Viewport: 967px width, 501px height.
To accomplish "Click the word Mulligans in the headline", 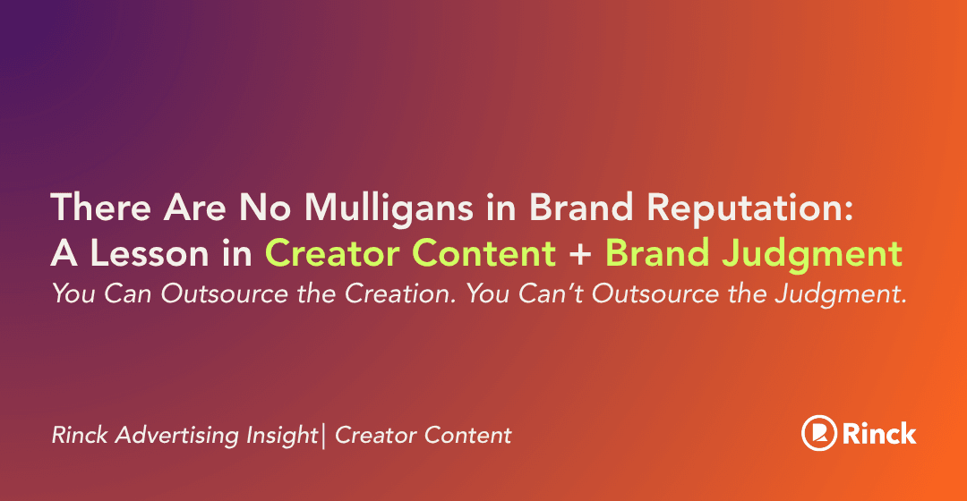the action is [389, 207].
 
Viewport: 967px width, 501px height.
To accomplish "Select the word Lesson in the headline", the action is [150, 253].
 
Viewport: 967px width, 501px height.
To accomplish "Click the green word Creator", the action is [334, 253].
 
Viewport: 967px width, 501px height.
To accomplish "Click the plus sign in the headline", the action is [580, 254].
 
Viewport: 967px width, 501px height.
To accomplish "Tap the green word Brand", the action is [657, 253].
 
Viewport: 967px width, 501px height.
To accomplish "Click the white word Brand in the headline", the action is [581, 207].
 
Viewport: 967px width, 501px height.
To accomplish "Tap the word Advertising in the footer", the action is [177, 435].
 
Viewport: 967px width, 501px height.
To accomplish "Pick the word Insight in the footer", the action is [282, 435].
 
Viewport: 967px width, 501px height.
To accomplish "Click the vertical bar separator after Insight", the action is [324, 435].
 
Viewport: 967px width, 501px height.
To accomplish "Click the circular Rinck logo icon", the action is [819, 433].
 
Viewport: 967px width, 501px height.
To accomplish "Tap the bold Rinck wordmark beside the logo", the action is [879, 433].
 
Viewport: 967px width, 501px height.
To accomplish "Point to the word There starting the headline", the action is [101, 207].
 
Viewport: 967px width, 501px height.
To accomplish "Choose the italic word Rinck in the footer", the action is [80, 435].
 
